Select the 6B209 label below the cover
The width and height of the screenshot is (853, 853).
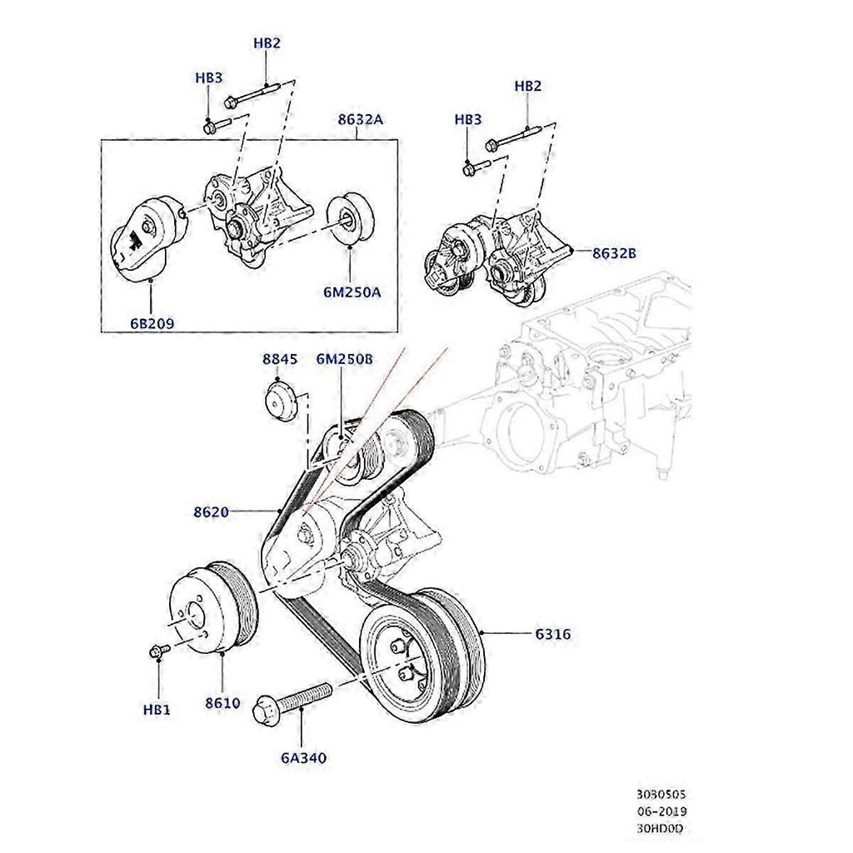tap(151, 324)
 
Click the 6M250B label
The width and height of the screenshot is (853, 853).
tap(344, 359)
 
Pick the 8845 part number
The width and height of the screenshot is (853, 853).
tap(279, 359)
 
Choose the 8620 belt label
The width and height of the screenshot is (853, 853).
tap(211, 511)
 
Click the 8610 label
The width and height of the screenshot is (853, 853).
tap(222, 702)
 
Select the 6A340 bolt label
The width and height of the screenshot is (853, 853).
tap(303, 758)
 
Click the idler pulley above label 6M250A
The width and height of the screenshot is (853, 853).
tap(349, 218)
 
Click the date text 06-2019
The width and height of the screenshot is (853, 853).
tap(663, 811)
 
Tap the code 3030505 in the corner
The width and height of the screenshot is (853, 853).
tap(663, 796)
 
